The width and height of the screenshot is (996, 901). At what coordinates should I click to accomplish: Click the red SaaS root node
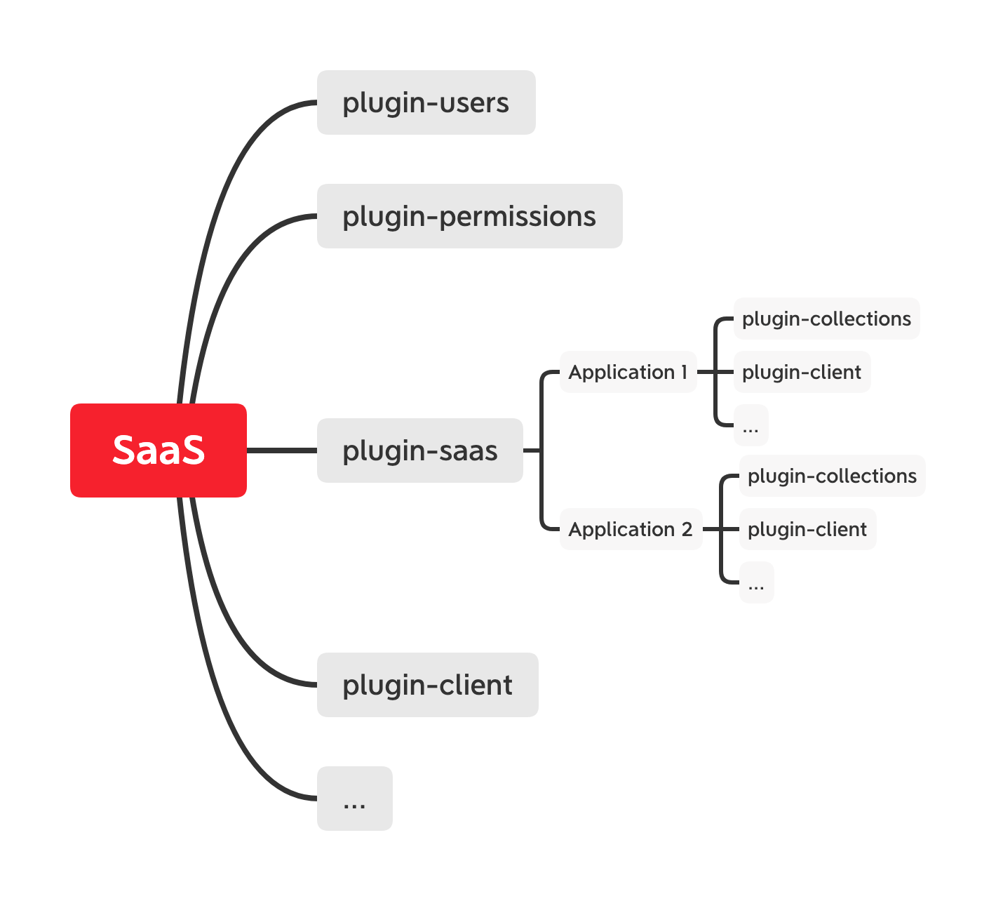tap(159, 451)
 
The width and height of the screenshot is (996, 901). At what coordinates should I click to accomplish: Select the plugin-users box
tap(426, 102)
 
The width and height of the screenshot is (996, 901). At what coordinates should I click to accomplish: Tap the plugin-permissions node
tap(469, 216)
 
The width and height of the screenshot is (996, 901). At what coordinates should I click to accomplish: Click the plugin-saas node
tap(419, 451)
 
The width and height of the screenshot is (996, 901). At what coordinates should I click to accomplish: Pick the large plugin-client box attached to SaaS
tap(427, 685)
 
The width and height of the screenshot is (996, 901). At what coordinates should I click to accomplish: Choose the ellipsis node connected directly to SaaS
tap(354, 799)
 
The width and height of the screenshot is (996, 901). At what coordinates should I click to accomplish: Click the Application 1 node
tap(628, 372)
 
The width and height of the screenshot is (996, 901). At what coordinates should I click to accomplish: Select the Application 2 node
tap(631, 529)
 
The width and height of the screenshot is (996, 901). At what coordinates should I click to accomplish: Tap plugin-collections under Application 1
tap(826, 319)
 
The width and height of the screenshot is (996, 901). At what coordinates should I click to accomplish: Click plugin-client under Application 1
tap(802, 372)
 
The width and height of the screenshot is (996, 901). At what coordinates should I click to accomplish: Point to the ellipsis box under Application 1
tap(751, 425)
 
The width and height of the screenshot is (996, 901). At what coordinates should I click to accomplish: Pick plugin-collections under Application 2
tap(832, 476)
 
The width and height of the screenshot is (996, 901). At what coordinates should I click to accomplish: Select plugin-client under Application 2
tap(807, 529)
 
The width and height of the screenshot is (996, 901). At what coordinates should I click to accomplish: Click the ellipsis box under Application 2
tap(756, 582)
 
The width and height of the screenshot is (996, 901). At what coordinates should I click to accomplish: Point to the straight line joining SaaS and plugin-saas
tap(281, 451)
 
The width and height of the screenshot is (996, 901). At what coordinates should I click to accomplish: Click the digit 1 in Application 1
tap(684, 372)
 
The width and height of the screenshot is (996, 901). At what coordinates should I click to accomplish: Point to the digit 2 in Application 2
tap(687, 529)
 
